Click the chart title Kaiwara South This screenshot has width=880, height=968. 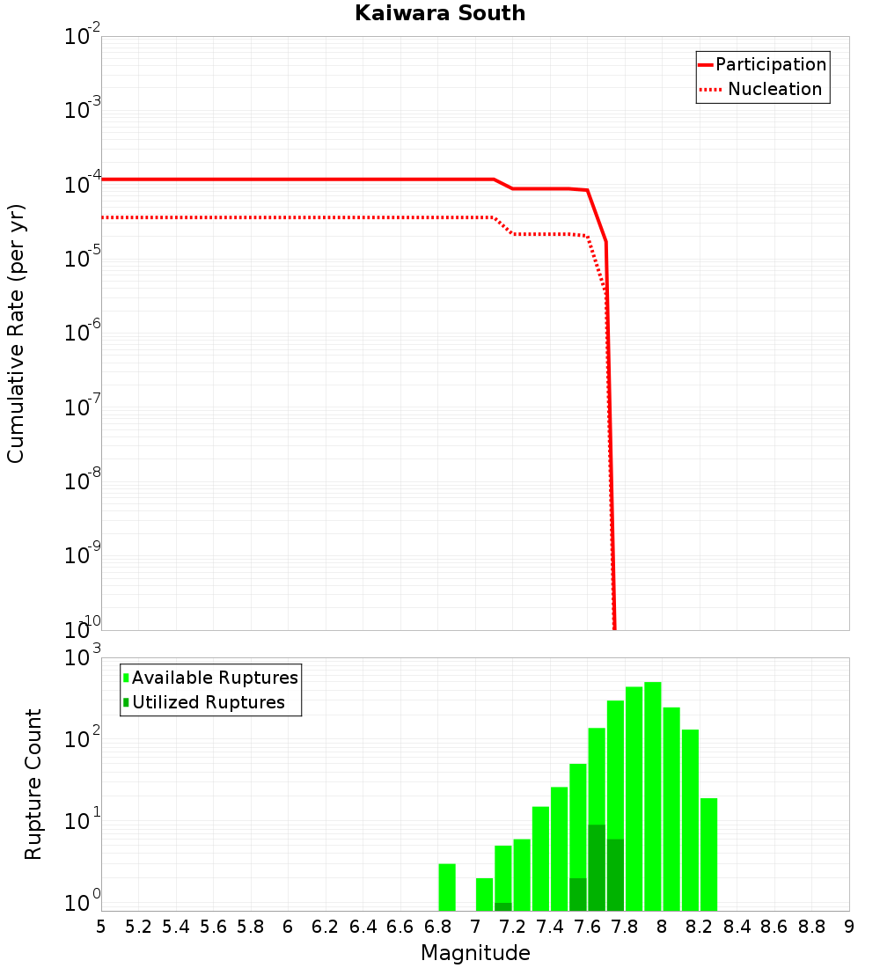(x=440, y=13)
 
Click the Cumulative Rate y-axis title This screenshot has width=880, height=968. (x=16, y=333)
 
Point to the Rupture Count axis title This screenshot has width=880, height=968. (x=33, y=784)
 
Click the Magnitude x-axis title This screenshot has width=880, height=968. (x=475, y=953)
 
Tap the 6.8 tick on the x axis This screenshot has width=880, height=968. (x=437, y=927)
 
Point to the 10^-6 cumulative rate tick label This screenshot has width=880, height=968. (x=84, y=333)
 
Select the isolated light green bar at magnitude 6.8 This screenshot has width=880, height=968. (x=447, y=887)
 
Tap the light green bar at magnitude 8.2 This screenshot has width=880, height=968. (x=708, y=854)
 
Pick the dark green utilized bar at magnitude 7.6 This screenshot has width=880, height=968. (x=597, y=867)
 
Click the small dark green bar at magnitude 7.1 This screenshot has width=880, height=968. (x=503, y=906)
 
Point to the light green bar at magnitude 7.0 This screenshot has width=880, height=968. (x=484, y=894)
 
